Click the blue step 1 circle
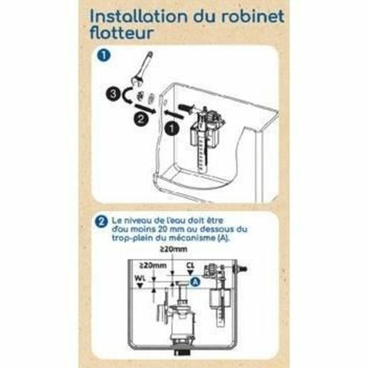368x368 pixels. click(101, 56)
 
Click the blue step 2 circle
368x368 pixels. click(100, 221)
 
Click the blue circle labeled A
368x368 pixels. click(195, 282)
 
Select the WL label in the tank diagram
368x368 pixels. click(139, 278)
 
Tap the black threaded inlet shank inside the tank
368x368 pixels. click(186, 108)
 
